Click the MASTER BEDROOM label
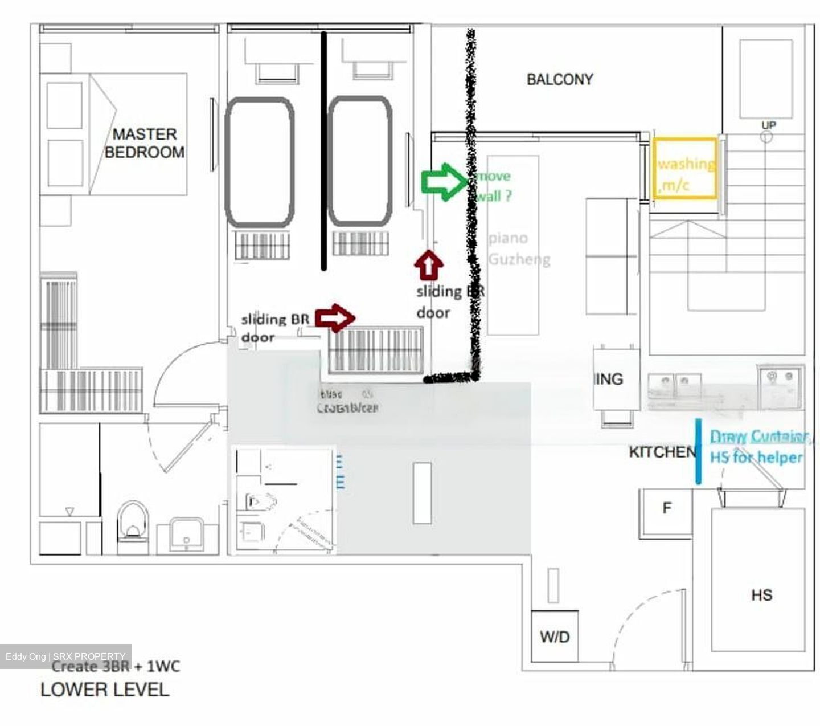[144, 143]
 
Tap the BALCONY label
[559, 79]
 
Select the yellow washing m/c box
[684, 169]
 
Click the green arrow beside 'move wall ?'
[443, 182]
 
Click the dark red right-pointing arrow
[335, 317]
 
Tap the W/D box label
[555, 637]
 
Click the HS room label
[761, 595]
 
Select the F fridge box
[666, 508]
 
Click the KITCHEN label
[662, 452]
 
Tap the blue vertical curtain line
[698, 451]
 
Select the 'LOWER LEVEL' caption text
[105, 690]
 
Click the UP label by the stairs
[768, 125]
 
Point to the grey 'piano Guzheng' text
[518, 249]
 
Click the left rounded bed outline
[260, 162]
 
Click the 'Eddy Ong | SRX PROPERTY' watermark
[65, 656]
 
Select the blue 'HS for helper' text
[756, 458]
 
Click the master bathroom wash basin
[186, 535]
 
